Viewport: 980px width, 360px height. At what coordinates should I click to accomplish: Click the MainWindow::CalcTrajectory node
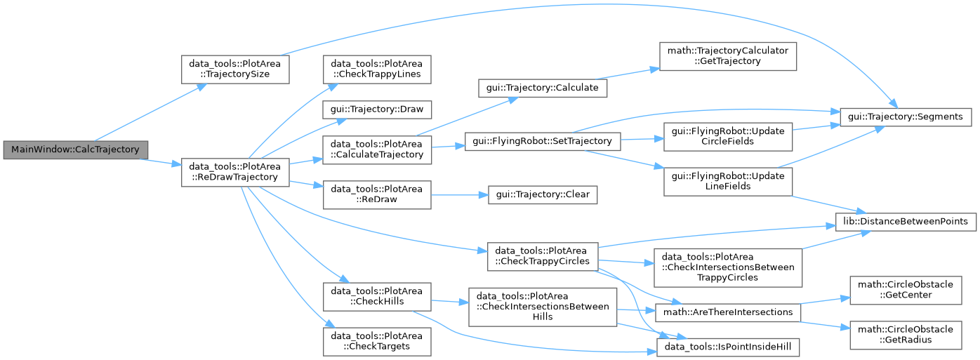(75, 149)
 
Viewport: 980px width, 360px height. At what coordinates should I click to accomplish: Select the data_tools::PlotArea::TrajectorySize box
(235, 69)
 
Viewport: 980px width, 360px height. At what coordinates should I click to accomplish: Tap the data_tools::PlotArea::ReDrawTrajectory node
(235, 172)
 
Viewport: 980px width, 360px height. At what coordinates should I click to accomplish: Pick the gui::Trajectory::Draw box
(377, 109)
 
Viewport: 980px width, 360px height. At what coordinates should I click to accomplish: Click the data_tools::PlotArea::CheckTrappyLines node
(377, 69)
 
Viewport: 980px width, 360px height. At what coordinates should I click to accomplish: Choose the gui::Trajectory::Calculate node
(543, 88)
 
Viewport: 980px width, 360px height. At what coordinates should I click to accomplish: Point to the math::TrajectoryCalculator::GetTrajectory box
(727, 56)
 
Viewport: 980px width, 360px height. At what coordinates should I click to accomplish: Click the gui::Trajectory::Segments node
(906, 116)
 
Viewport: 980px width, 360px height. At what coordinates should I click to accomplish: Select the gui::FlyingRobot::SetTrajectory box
(543, 141)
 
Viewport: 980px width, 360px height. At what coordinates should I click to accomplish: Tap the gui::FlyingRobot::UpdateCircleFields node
(727, 136)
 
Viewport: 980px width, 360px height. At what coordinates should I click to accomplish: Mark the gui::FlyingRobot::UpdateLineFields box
(727, 182)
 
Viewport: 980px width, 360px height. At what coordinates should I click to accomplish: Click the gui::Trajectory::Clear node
(543, 194)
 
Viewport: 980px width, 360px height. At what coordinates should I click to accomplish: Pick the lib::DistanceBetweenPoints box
(906, 222)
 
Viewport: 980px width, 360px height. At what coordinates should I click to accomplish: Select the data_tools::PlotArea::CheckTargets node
(377, 342)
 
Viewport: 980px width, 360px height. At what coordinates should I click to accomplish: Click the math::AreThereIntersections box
(727, 312)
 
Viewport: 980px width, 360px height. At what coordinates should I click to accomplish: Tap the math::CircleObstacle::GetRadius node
(906, 335)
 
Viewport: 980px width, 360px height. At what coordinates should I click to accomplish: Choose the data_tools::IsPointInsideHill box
(727, 347)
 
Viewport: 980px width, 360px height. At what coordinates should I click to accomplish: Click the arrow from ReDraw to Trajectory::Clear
(459, 195)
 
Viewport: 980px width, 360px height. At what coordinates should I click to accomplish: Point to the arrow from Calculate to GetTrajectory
(628, 74)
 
